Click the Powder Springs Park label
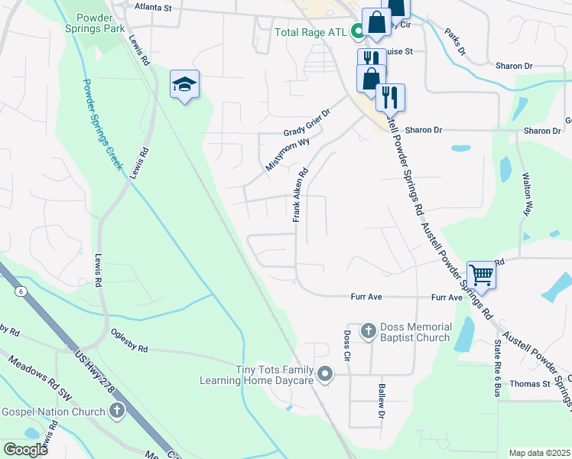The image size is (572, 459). [102, 22]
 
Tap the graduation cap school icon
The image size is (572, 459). [184, 83]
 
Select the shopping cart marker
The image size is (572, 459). [481, 273]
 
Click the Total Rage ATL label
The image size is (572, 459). [313, 32]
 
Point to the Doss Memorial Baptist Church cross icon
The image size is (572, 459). [369, 331]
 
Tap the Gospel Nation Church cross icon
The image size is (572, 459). [116, 412]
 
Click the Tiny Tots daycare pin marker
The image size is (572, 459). [326, 374]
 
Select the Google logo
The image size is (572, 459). [25, 450]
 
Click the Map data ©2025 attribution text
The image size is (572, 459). [539, 453]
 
